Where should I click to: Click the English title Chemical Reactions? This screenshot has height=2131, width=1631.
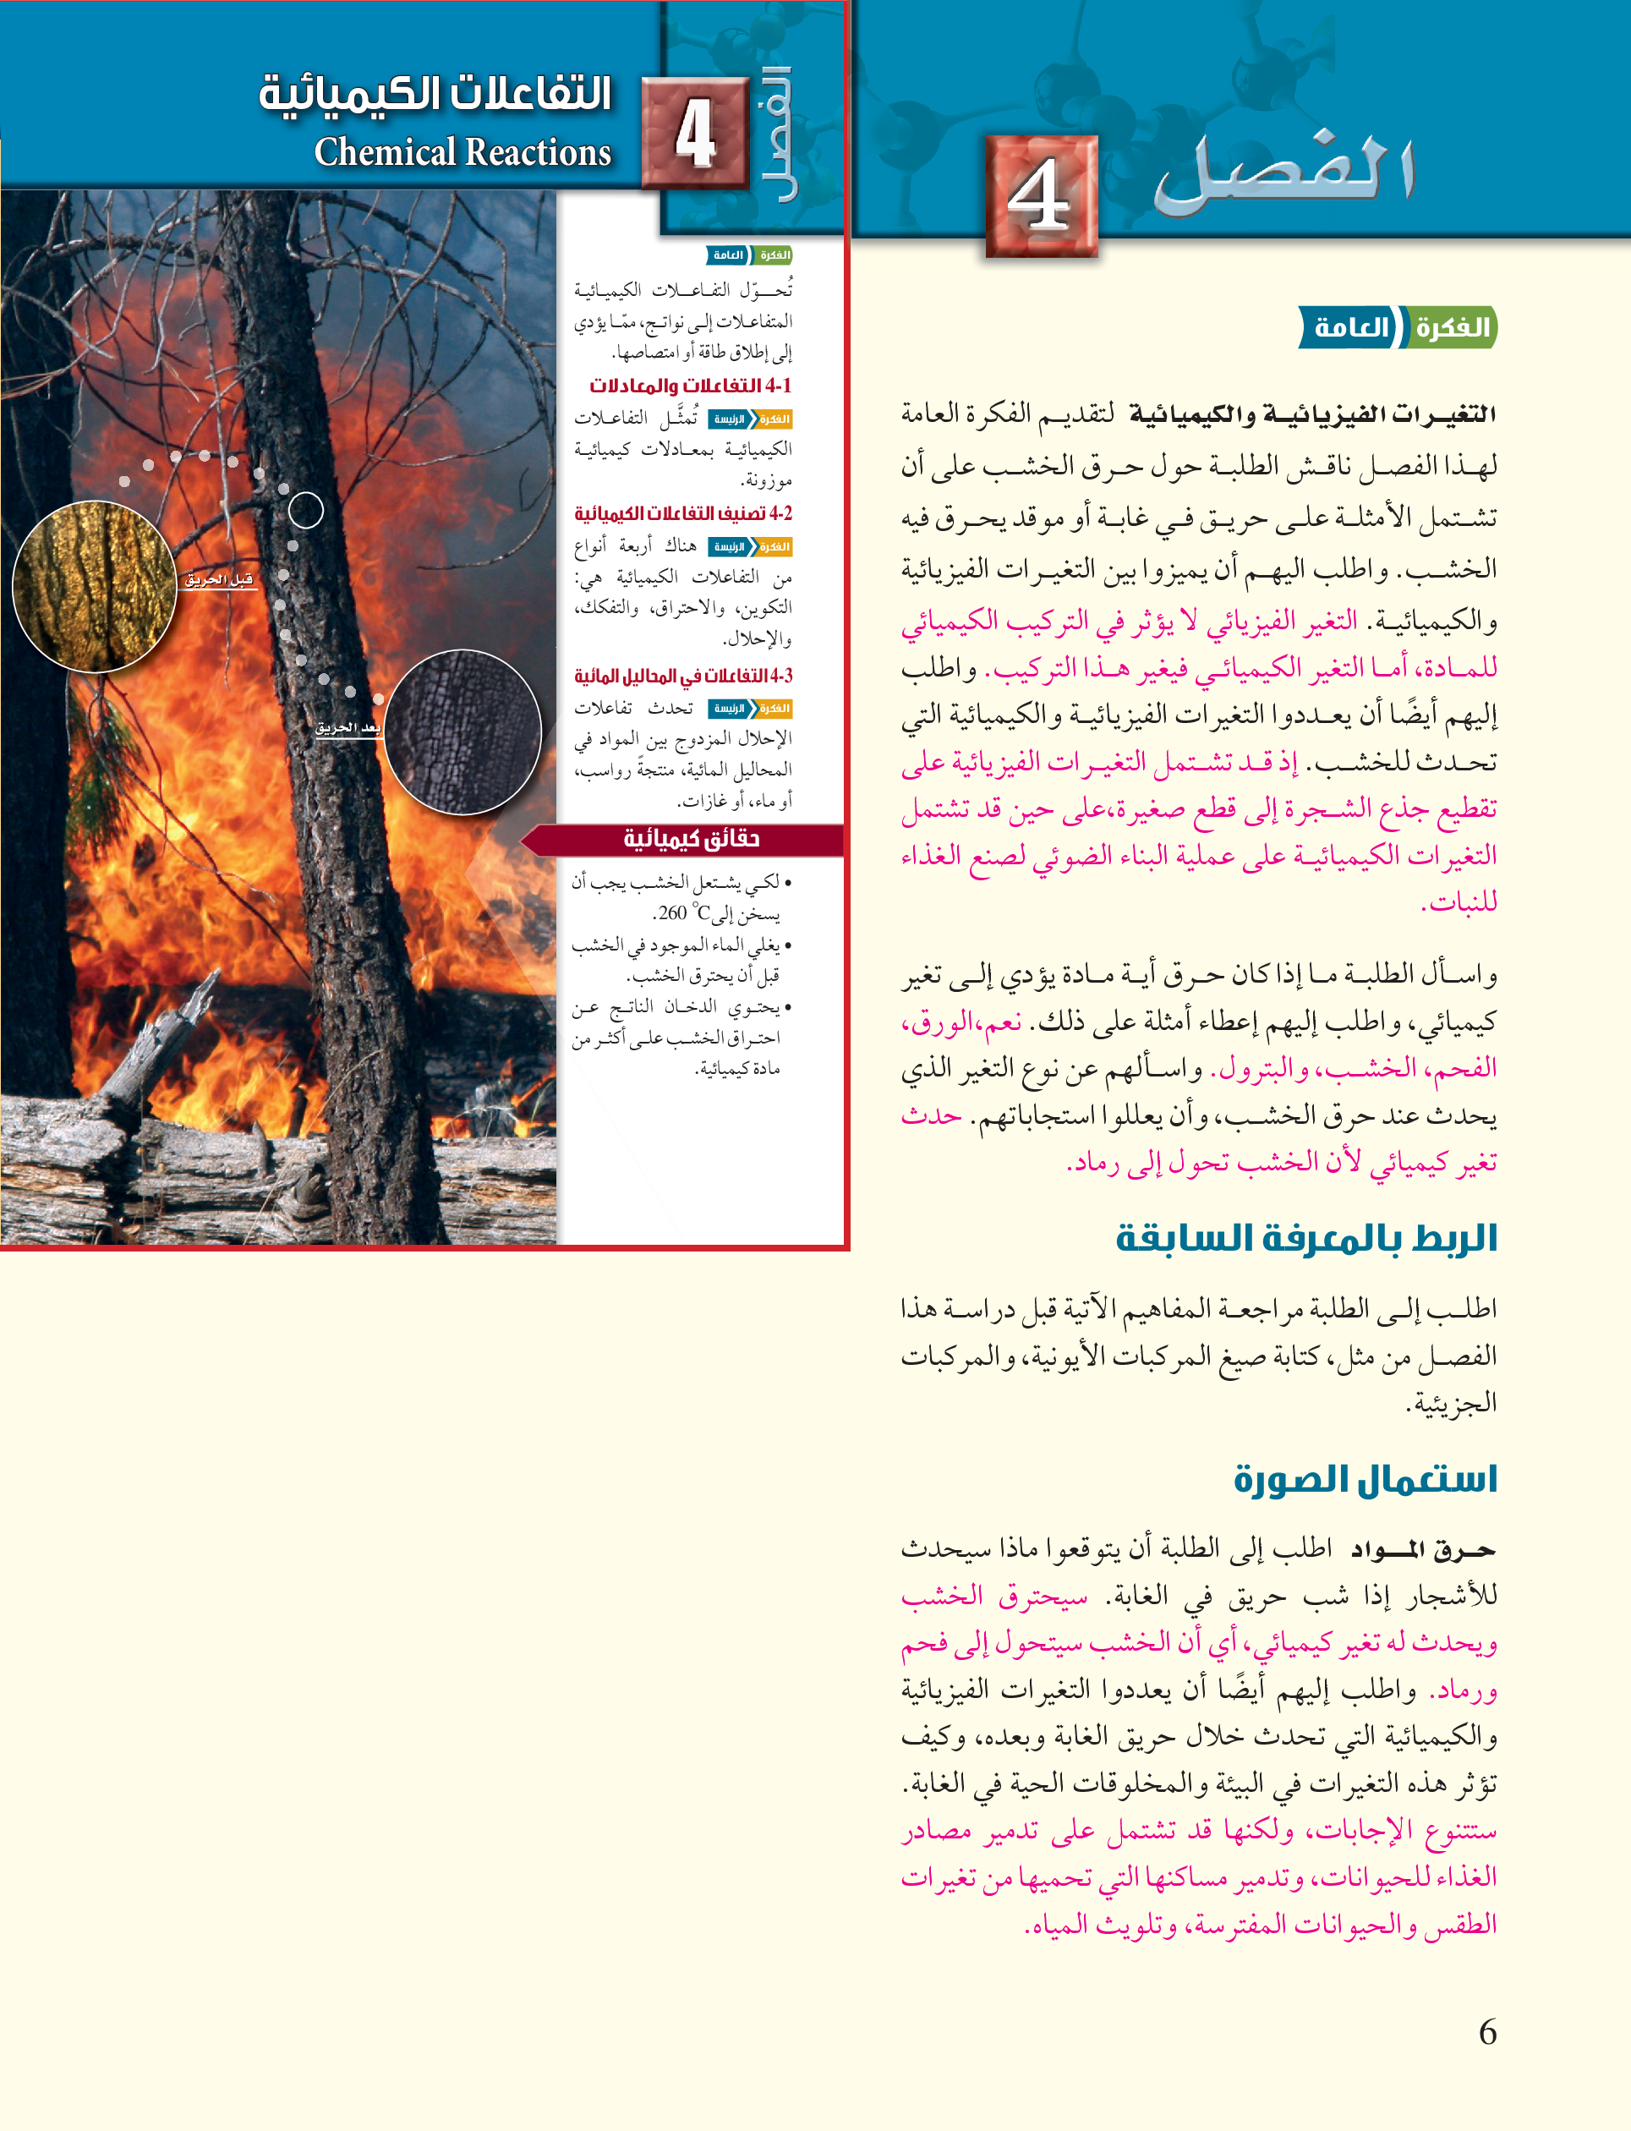pos(462,152)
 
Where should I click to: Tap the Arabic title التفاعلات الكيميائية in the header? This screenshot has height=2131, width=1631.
pos(434,94)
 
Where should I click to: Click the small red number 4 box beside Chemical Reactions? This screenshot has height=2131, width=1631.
pos(695,133)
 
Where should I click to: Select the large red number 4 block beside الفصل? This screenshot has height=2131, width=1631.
pos(1041,196)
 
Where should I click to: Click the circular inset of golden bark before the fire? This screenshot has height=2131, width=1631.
pos(94,585)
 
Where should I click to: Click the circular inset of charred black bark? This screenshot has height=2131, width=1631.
pos(462,731)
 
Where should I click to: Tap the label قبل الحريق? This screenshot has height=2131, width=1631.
pos(219,579)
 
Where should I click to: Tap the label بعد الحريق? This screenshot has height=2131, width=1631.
pos(348,727)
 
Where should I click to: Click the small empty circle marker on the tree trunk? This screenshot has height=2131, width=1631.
pos(306,510)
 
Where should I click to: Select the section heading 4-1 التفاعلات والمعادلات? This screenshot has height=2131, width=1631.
pos(690,386)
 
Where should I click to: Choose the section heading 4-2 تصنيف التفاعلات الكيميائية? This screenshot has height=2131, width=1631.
pos(682,513)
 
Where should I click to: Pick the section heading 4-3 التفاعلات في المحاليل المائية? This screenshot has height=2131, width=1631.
pos(682,676)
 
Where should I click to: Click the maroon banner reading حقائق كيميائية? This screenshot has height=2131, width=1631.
pos(690,839)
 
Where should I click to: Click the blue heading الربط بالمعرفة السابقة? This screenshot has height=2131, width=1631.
pos(1305,1238)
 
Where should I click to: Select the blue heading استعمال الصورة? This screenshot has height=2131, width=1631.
pos(1365,1479)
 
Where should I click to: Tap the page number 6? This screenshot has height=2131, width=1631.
pos(1486,2032)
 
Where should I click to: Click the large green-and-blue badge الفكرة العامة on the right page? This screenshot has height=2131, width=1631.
pos(1397,327)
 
